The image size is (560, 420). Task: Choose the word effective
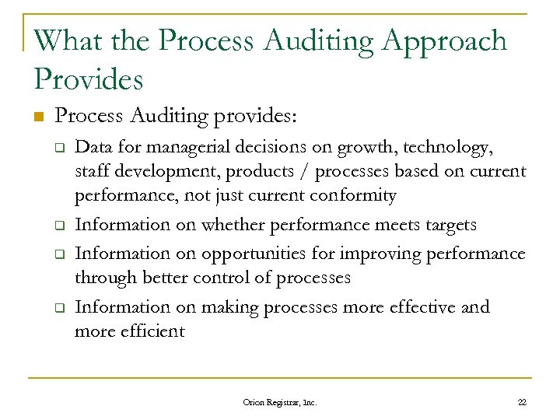click(x=448, y=307)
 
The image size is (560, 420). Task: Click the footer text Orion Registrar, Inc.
click(x=280, y=402)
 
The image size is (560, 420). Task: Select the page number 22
click(x=521, y=402)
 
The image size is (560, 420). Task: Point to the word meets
click(x=398, y=226)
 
